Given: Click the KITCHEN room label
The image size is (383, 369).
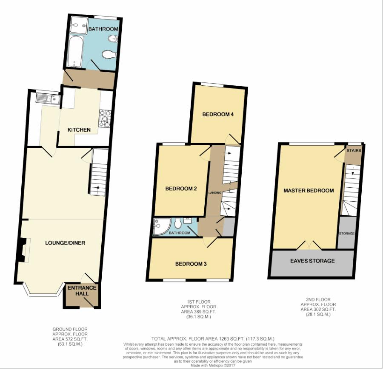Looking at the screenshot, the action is click(79, 130).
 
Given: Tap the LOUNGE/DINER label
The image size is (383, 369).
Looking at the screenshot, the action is click(65, 243).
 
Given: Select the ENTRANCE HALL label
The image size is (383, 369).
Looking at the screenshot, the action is click(82, 291).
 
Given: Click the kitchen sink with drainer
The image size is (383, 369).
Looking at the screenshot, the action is click(48, 99).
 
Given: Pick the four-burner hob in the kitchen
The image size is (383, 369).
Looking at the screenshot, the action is click(105, 119).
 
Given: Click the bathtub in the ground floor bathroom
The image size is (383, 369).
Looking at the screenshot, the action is click(75, 51).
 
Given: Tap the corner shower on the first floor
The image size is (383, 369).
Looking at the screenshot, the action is click(162, 227).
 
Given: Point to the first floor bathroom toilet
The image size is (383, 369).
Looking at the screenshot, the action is click(178, 223).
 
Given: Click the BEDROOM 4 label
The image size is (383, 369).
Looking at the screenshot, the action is click(218, 114).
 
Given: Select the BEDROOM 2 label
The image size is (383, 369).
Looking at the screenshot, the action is click(181, 189).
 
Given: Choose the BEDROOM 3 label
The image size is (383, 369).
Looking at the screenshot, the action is click(191, 264).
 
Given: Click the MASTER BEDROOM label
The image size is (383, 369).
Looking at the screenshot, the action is click(309, 191).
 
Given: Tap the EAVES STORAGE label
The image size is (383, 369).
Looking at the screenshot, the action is click(312, 261).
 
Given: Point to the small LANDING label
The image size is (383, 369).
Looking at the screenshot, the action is click(215, 193).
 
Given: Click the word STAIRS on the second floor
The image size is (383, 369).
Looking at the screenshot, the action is click(354, 151).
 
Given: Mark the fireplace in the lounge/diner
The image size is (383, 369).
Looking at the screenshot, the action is click(24, 250).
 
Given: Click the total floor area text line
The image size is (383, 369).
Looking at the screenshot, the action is click(213, 339).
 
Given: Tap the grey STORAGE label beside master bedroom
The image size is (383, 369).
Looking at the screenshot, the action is click(346, 234).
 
